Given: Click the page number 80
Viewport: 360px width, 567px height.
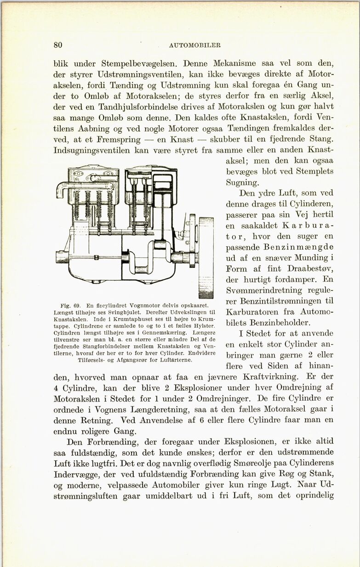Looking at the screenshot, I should coord(57,45).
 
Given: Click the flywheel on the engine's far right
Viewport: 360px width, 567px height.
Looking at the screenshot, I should coord(206,256).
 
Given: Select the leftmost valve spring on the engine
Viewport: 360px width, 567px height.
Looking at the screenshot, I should coord(77,205).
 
